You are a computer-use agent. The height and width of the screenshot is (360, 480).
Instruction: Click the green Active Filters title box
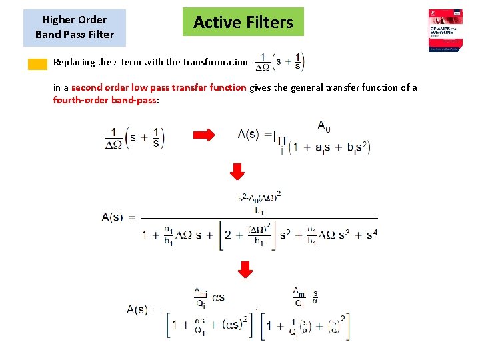tap(243, 22)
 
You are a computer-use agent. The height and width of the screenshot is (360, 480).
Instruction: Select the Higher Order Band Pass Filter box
tap(74, 27)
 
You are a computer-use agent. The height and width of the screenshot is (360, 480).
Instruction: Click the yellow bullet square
tap(37, 64)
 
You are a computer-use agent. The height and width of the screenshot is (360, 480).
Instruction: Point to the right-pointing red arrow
tap(204, 135)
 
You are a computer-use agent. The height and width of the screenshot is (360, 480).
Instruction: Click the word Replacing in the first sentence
tap(74, 62)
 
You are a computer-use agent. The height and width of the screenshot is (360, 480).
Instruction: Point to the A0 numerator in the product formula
tap(324, 125)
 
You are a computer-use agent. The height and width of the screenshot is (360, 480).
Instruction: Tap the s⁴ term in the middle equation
tap(371, 235)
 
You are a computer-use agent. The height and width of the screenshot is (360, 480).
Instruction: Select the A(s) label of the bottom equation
tap(143, 309)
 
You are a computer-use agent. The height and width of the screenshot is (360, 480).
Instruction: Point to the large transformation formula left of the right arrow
tap(135, 137)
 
